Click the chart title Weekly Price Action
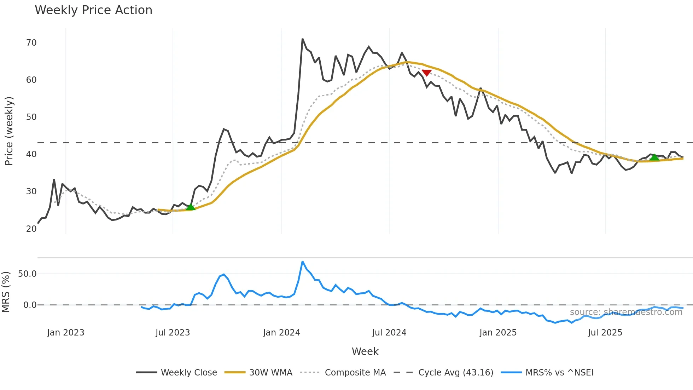pyautogui.click(x=93, y=10)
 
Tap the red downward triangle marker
pyautogui.click(x=427, y=73)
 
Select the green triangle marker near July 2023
pyautogui.click(x=191, y=207)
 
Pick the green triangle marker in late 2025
pyautogui.click(x=654, y=157)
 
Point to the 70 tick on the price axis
pyautogui.click(x=31, y=43)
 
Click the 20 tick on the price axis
pyautogui.click(x=31, y=229)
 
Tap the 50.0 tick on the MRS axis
pyautogui.click(x=27, y=274)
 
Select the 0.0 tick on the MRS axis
pyautogui.click(x=30, y=305)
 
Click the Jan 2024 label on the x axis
pyautogui.click(x=281, y=333)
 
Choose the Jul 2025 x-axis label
pyautogui.click(x=605, y=333)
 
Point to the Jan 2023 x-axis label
pyautogui.click(x=66, y=333)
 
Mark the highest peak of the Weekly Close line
pyautogui.click(x=303, y=39)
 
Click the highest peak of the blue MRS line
pyautogui.click(x=303, y=262)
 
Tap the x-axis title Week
pyautogui.click(x=365, y=351)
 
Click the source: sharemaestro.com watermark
pyautogui.click(x=626, y=312)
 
